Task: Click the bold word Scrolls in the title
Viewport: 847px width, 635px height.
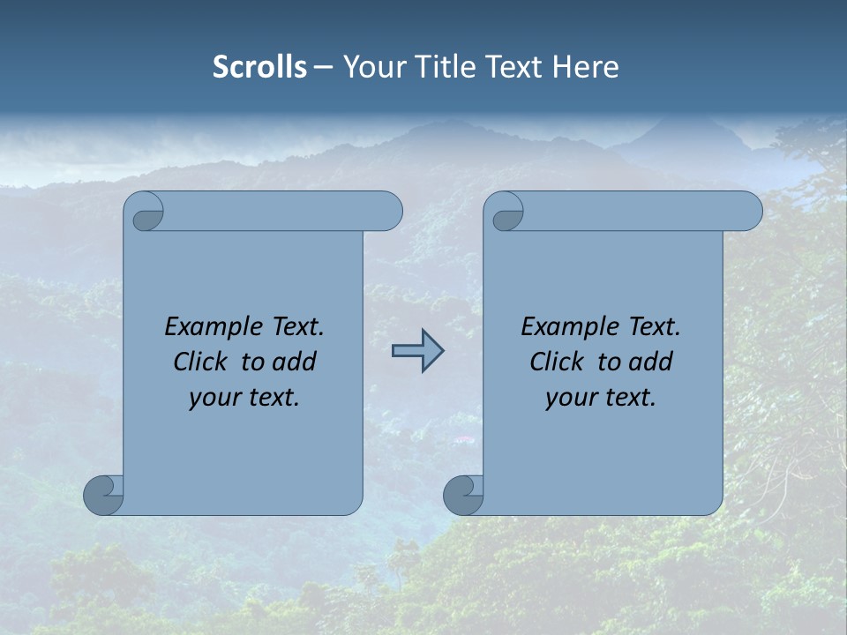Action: point(259,67)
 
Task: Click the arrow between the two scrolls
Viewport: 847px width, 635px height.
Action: point(417,351)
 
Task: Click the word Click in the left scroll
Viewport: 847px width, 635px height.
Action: point(193,362)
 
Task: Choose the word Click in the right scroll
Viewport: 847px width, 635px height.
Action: point(550,362)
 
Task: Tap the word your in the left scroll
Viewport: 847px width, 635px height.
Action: point(213,398)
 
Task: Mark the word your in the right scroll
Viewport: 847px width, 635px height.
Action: point(569,398)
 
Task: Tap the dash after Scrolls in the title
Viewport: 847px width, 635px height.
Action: point(323,67)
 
